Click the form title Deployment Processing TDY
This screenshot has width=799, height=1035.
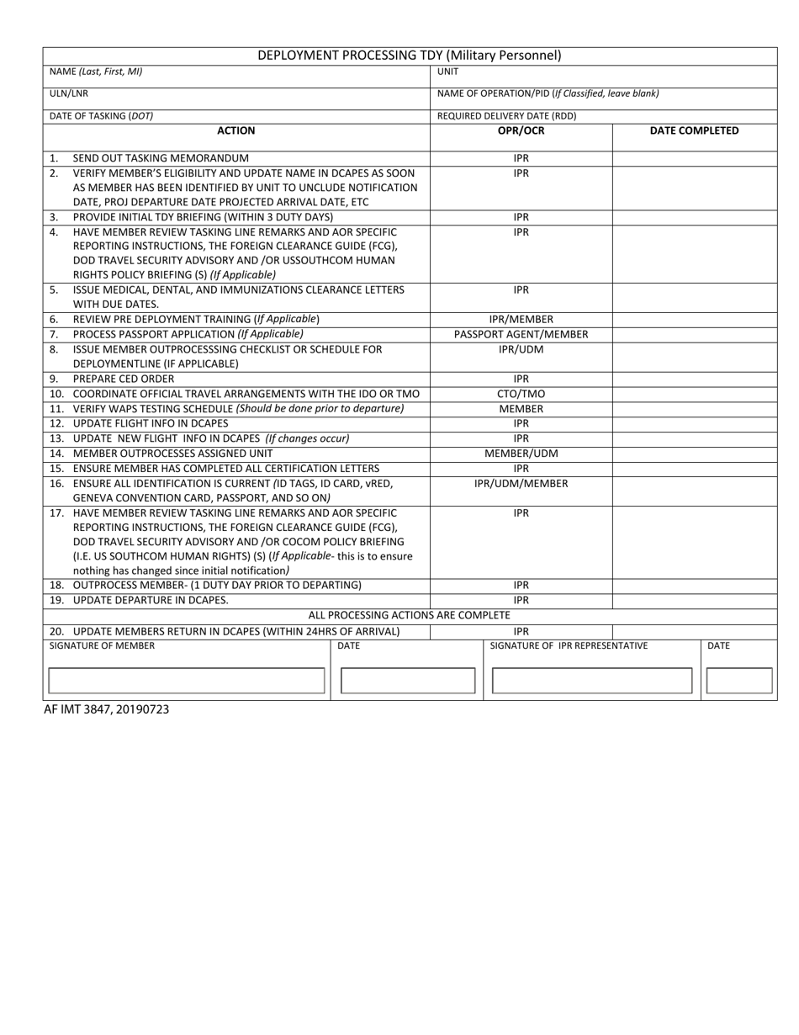tap(409, 56)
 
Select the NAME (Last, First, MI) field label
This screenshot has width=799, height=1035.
tap(96, 72)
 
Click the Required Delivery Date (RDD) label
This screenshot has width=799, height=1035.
tap(506, 116)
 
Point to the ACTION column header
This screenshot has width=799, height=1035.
tap(235, 130)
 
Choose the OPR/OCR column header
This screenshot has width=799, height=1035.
tap(521, 130)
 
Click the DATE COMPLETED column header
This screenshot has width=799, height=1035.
tap(694, 130)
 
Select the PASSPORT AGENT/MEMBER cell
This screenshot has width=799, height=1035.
tap(521, 334)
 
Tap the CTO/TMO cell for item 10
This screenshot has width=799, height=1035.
tap(521, 394)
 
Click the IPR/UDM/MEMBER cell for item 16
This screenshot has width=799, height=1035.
tap(521, 483)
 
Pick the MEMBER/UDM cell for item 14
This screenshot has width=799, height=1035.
tap(521, 454)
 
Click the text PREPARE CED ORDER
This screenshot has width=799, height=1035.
tap(124, 379)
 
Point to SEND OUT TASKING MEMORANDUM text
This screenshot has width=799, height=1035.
tap(161, 158)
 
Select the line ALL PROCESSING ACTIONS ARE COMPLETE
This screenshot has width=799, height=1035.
tap(409, 616)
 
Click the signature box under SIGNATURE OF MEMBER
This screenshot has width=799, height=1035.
tap(187, 681)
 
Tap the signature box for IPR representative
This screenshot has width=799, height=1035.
tap(591, 681)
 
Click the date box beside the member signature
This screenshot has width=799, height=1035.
tap(408, 681)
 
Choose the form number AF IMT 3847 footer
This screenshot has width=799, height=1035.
tap(106, 709)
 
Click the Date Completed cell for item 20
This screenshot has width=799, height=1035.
tap(694, 631)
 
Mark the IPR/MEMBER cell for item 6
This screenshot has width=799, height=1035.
tap(521, 320)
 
